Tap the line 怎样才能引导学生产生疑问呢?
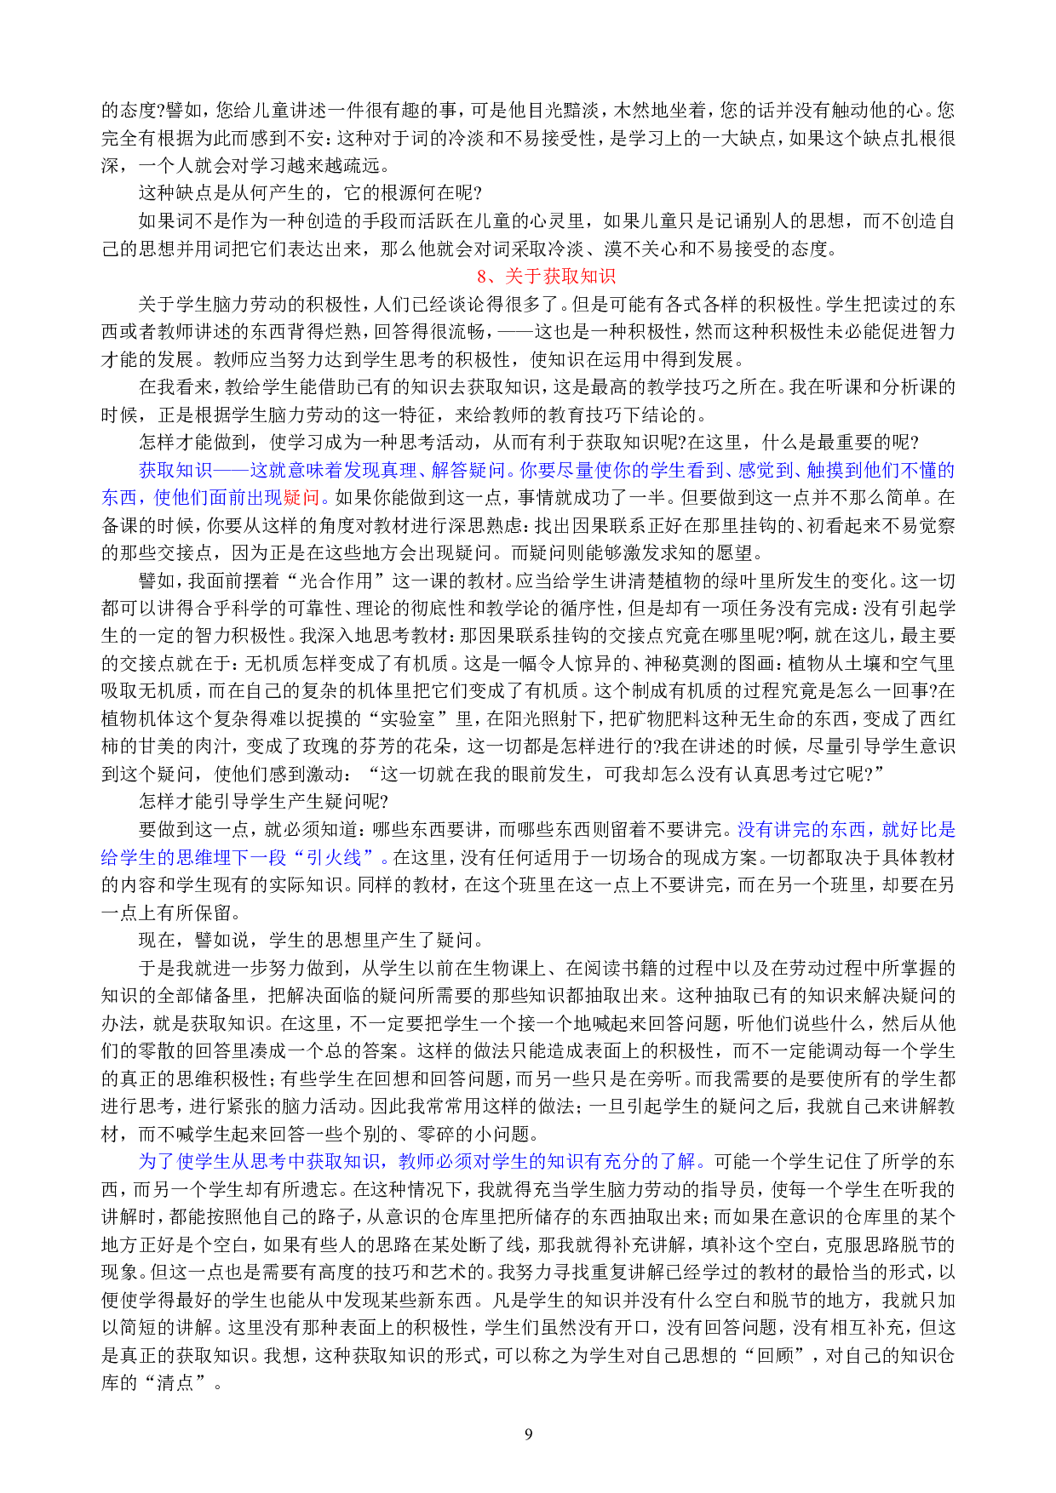(264, 802)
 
